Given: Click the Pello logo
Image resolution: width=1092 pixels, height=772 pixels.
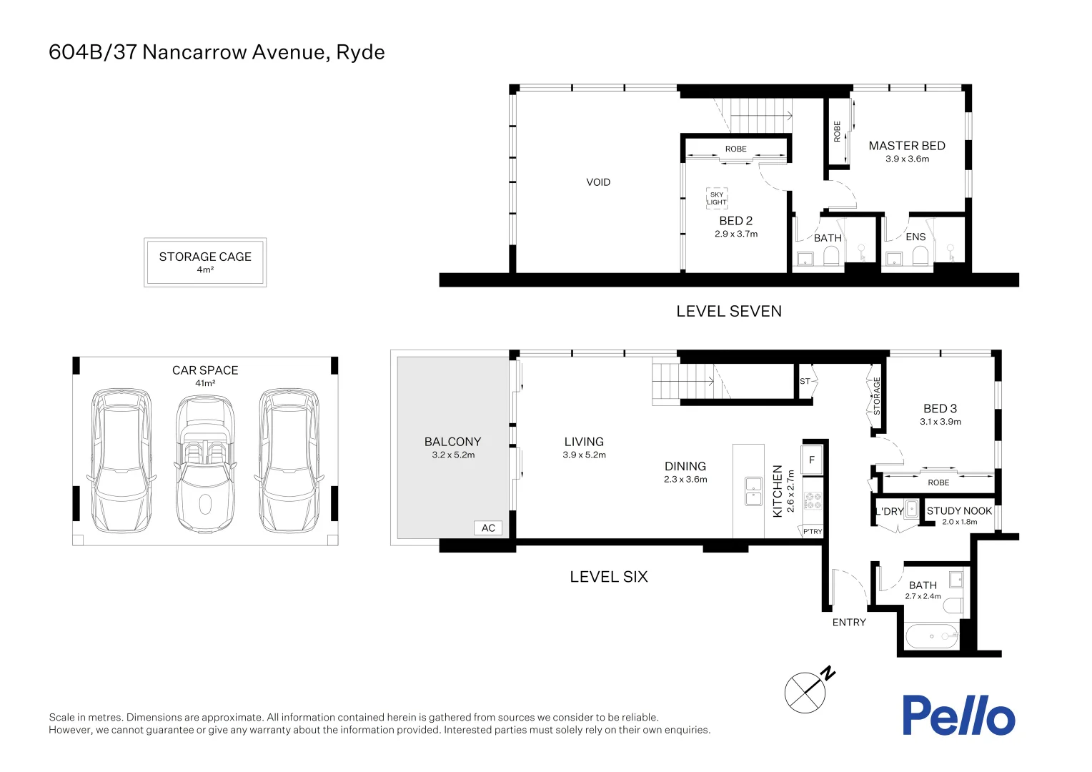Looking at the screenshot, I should pyautogui.click(x=958, y=716).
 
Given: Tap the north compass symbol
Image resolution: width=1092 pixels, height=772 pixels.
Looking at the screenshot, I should pyautogui.click(x=806, y=691).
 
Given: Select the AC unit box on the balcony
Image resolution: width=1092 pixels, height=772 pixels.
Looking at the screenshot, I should pyautogui.click(x=488, y=528).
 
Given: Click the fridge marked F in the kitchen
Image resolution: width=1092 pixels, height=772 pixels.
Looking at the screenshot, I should pyautogui.click(x=812, y=460).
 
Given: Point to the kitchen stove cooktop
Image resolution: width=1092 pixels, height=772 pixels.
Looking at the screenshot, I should pyautogui.click(x=813, y=500).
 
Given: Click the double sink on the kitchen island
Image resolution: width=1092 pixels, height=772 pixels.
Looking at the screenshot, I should pyautogui.click(x=753, y=490).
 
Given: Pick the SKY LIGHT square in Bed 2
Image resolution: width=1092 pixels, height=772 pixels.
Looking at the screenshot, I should pyautogui.click(x=716, y=198).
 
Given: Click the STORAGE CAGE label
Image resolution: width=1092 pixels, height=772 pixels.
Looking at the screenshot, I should pyautogui.click(x=205, y=257).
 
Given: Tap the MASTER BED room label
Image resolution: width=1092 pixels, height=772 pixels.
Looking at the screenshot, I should pyautogui.click(x=906, y=146).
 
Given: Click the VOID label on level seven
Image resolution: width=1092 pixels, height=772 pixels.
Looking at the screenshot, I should pyautogui.click(x=598, y=182).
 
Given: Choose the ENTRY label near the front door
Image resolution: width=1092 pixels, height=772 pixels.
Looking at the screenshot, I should pyautogui.click(x=848, y=623).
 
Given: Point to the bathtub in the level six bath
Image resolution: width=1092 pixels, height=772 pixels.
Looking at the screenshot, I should pyautogui.click(x=930, y=635).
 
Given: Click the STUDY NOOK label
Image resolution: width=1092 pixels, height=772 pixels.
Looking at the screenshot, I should pyautogui.click(x=958, y=511).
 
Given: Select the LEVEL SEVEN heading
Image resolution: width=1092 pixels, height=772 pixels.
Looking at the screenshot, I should pyautogui.click(x=728, y=311).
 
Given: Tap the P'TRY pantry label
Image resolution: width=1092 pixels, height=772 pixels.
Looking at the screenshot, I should pyautogui.click(x=813, y=532).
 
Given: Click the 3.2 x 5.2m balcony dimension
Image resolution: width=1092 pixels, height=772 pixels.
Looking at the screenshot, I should pyautogui.click(x=453, y=455).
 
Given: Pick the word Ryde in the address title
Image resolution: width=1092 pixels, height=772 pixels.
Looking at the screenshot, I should pyautogui.click(x=360, y=52).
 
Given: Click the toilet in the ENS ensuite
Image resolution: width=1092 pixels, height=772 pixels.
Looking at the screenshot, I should pyautogui.click(x=920, y=256).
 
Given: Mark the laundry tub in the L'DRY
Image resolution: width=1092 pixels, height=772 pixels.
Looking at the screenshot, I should pyautogui.click(x=911, y=510).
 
